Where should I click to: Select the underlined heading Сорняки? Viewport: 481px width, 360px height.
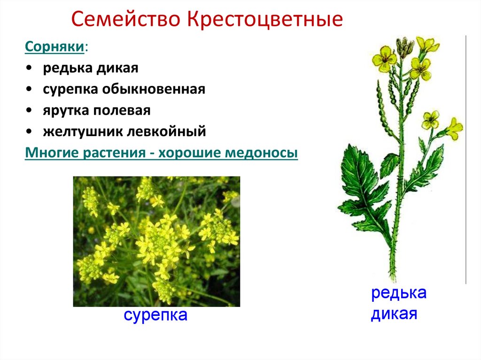(55, 47)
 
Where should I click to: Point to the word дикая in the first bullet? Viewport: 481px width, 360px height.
(117, 68)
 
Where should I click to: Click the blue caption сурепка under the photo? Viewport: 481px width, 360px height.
(155, 314)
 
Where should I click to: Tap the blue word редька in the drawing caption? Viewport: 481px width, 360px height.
(399, 293)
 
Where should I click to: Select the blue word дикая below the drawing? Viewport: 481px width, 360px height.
(394, 313)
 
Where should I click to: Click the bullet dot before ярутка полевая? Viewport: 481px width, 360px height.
(30, 111)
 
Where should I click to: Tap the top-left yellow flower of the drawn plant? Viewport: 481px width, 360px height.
(384, 58)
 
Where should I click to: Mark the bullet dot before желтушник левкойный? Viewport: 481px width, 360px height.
(30, 132)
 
